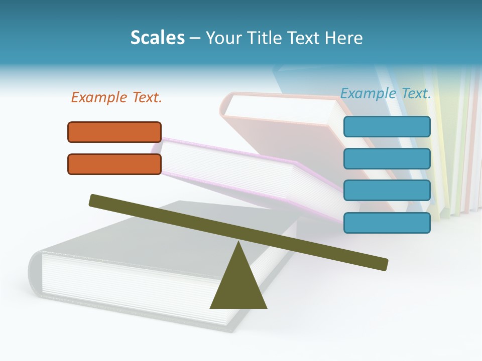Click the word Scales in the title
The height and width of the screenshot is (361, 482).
[157, 38]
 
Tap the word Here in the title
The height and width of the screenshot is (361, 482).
[343, 38]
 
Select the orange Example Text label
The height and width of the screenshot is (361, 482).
[116, 97]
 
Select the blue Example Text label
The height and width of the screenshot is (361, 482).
[386, 93]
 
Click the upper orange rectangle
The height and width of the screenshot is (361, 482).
[114, 132]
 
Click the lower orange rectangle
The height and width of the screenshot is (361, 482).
[114, 164]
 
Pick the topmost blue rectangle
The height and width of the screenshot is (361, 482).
[387, 126]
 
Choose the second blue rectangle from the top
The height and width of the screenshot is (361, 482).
[387, 158]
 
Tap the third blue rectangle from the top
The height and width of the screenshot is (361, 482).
[387, 191]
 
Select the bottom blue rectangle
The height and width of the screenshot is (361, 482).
[387, 223]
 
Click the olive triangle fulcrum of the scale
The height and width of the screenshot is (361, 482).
[238, 286]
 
